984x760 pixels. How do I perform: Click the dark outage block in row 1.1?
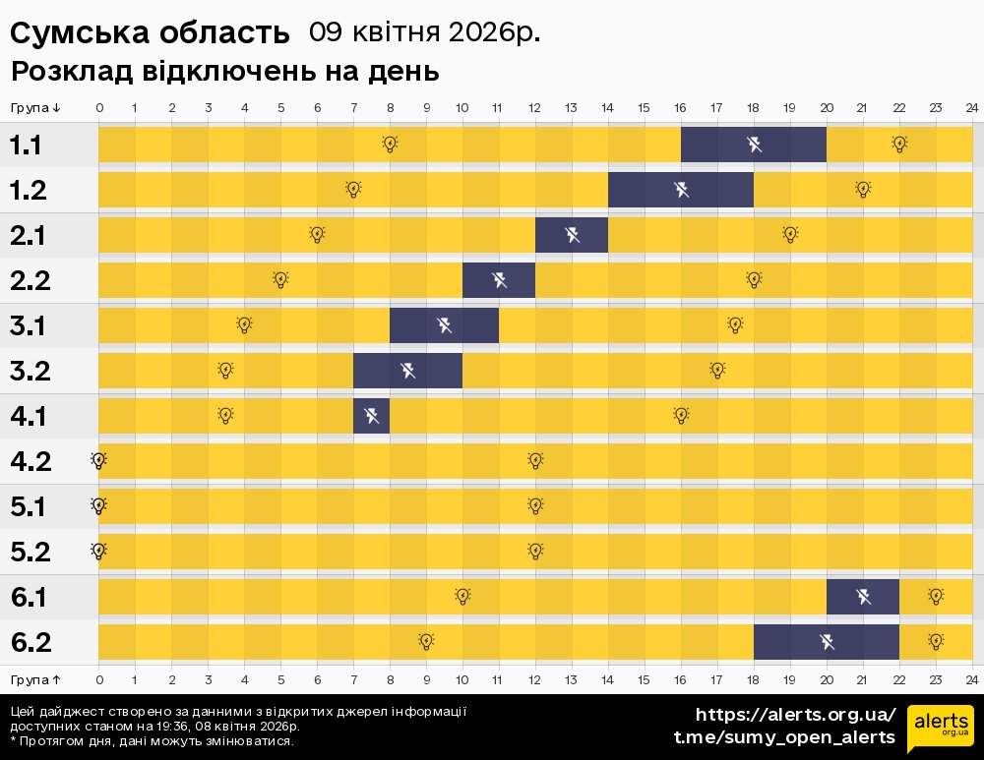[x=754, y=145]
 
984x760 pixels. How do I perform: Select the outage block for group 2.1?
[x=572, y=235]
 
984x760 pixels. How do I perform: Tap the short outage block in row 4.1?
[x=372, y=416]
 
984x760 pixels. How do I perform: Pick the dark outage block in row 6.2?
[x=827, y=642]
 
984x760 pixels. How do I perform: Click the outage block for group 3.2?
[x=407, y=371]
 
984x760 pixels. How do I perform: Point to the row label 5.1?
[x=30, y=506]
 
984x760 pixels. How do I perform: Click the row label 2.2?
[x=30, y=280]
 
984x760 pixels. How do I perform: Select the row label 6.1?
[x=30, y=597]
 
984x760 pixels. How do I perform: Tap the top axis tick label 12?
[x=535, y=108]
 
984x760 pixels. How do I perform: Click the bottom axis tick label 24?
[x=971, y=679]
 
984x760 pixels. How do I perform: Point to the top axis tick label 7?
[x=353, y=108]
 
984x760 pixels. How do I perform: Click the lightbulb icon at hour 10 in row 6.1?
[x=462, y=596]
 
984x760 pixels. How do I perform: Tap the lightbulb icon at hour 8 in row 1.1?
[x=390, y=145]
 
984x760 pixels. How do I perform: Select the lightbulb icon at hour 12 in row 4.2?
[x=535, y=460]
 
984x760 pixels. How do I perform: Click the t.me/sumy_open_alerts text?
[x=784, y=737]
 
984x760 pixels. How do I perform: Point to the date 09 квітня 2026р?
[x=425, y=32]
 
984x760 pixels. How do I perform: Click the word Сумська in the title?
[x=79, y=32]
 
